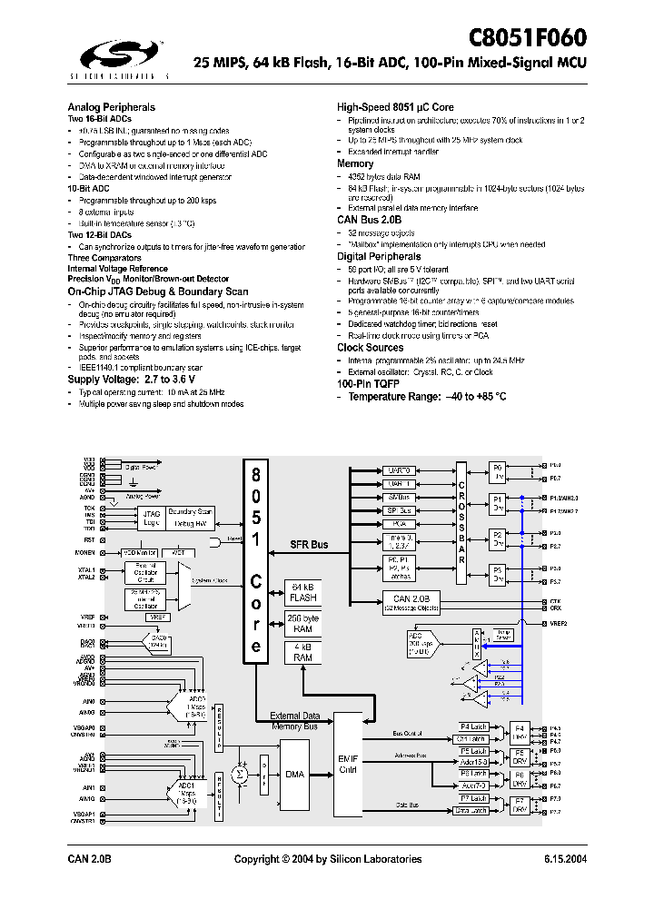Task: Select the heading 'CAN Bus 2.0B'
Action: tap(369, 220)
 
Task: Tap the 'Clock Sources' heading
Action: tap(371, 348)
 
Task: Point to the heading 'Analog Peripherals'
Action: tap(112, 106)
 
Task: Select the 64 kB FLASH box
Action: tap(302, 591)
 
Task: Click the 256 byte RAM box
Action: tap(302, 623)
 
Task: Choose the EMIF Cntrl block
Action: tap(349, 764)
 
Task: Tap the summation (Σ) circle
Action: tap(240, 773)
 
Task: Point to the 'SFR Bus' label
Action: tap(309, 544)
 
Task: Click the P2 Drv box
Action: tap(497, 540)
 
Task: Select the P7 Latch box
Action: tap(474, 798)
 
